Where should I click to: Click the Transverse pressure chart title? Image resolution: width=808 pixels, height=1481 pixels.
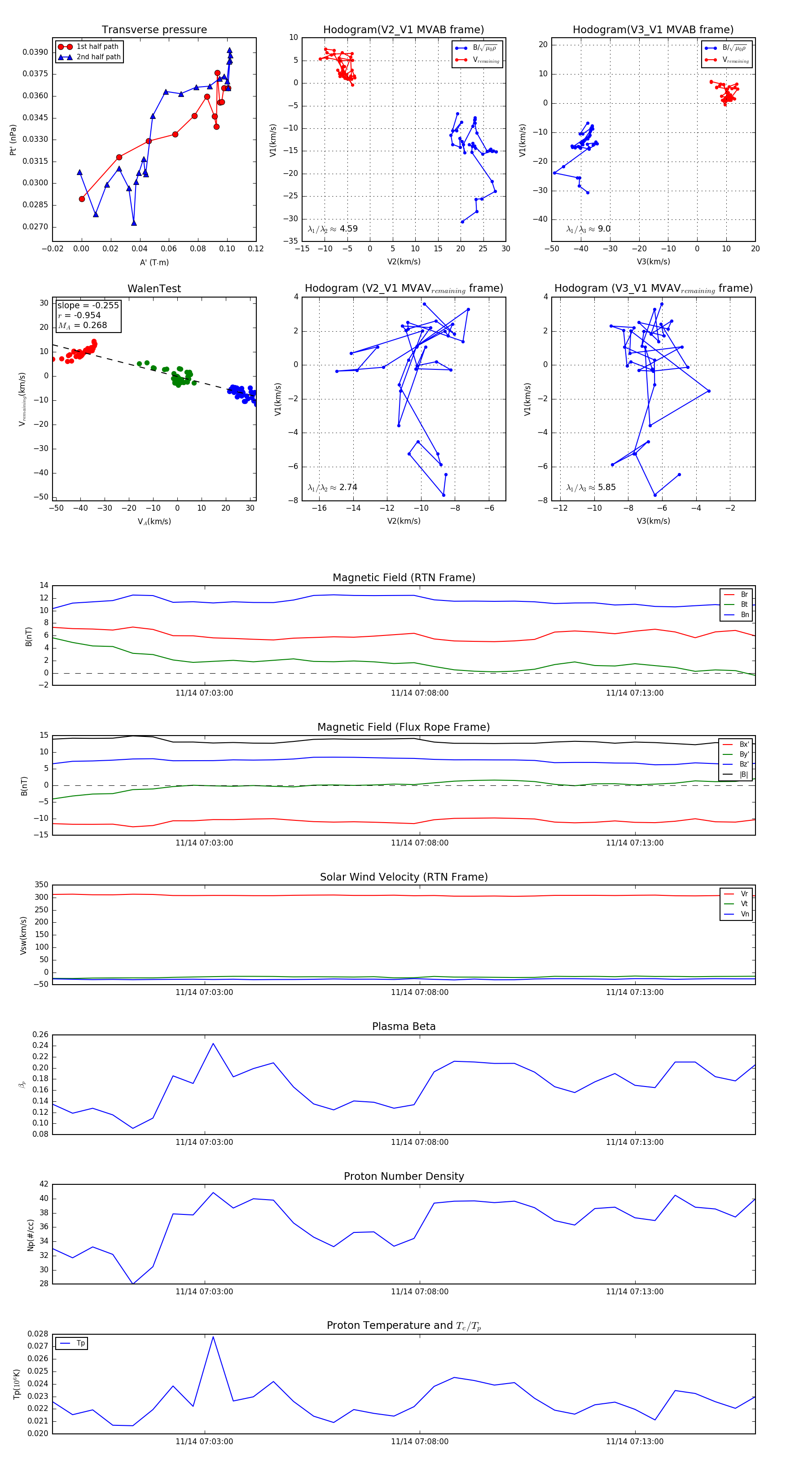pyautogui.click(x=154, y=30)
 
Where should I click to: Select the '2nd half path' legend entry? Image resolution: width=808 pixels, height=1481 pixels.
pyautogui.click(x=98, y=57)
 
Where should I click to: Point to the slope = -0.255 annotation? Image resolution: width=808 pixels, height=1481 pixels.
pyautogui.click(x=88, y=305)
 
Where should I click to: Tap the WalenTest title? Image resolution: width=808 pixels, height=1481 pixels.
pyautogui.click(x=154, y=289)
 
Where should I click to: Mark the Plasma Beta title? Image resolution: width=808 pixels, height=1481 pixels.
pyautogui.click(x=404, y=1026)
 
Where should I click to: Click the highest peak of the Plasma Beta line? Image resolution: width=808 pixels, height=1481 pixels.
pyautogui.click(x=213, y=1043)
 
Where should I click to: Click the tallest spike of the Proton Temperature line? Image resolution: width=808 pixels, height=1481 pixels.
pyautogui.click(x=213, y=1336)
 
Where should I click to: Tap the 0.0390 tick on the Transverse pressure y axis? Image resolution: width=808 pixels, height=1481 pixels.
pyautogui.click(x=35, y=53)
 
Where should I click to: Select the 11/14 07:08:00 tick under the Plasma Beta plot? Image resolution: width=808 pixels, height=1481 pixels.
pyautogui.click(x=419, y=1142)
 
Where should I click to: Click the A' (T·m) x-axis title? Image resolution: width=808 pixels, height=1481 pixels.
pyautogui.click(x=154, y=262)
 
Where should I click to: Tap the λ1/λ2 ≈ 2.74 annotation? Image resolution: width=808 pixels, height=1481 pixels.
pyautogui.click(x=332, y=487)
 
